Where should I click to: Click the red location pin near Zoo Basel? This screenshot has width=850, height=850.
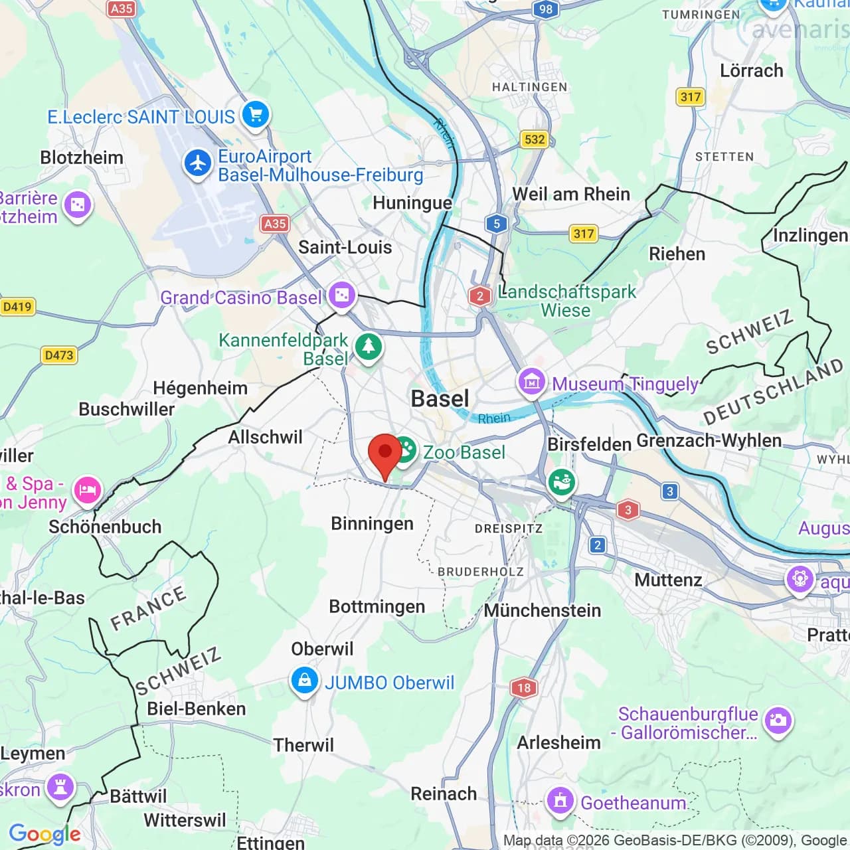pyautogui.click(x=385, y=452)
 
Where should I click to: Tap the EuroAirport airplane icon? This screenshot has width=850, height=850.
pyautogui.click(x=197, y=163)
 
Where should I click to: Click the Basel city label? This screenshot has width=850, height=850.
pyautogui.click(x=440, y=398)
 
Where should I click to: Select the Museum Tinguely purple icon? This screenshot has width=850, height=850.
pyautogui.click(x=531, y=382)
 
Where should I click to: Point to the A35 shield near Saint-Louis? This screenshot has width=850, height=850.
pyautogui.click(x=274, y=224)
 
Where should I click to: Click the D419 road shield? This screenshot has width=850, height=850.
pyautogui.click(x=17, y=307)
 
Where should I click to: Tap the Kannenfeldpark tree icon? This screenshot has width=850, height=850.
pyautogui.click(x=368, y=346)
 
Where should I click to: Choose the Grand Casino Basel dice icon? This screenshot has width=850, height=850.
pyautogui.click(x=342, y=295)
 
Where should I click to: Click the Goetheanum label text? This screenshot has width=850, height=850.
pyautogui.click(x=633, y=803)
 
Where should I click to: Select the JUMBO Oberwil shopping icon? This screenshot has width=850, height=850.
pyautogui.click(x=304, y=681)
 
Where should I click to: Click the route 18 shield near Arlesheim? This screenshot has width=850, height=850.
pyautogui.click(x=524, y=687)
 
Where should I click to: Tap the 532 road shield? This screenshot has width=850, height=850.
pyautogui.click(x=535, y=139)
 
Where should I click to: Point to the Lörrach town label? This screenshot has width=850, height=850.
pyautogui.click(x=751, y=70)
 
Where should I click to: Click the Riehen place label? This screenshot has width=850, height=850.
pyautogui.click(x=677, y=254)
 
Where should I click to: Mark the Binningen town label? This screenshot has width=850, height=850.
pyautogui.click(x=372, y=523)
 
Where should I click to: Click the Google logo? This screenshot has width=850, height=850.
pyautogui.click(x=44, y=834)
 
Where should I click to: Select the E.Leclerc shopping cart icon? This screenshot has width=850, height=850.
pyautogui.click(x=255, y=115)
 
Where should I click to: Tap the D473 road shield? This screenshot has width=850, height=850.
pyautogui.click(x=59, y=355)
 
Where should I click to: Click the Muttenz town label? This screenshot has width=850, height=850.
pyautogui.click(x=668, y=580)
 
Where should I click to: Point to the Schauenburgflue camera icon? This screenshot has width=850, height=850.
pyautogui.click(x=778, y=721)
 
